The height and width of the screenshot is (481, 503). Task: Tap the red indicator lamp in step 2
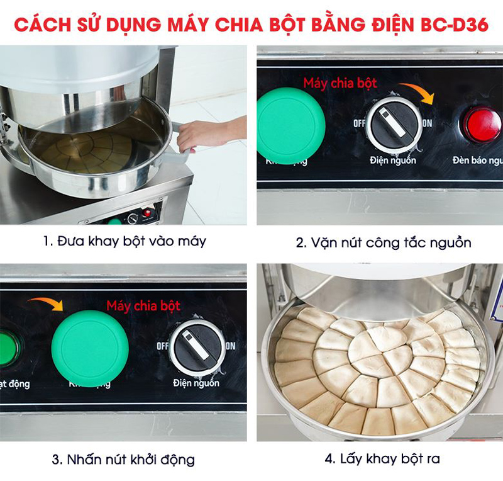pos(481,124)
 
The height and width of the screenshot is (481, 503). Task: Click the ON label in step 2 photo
pos(427,123)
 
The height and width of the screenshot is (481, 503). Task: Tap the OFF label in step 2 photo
pos(360,123)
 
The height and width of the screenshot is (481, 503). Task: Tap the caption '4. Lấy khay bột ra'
pos(382,459)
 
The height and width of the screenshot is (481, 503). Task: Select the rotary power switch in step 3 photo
pos(197,347)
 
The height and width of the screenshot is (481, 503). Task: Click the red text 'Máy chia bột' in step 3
pos(143,307)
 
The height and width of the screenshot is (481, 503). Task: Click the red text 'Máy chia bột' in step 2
pos(340,83)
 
